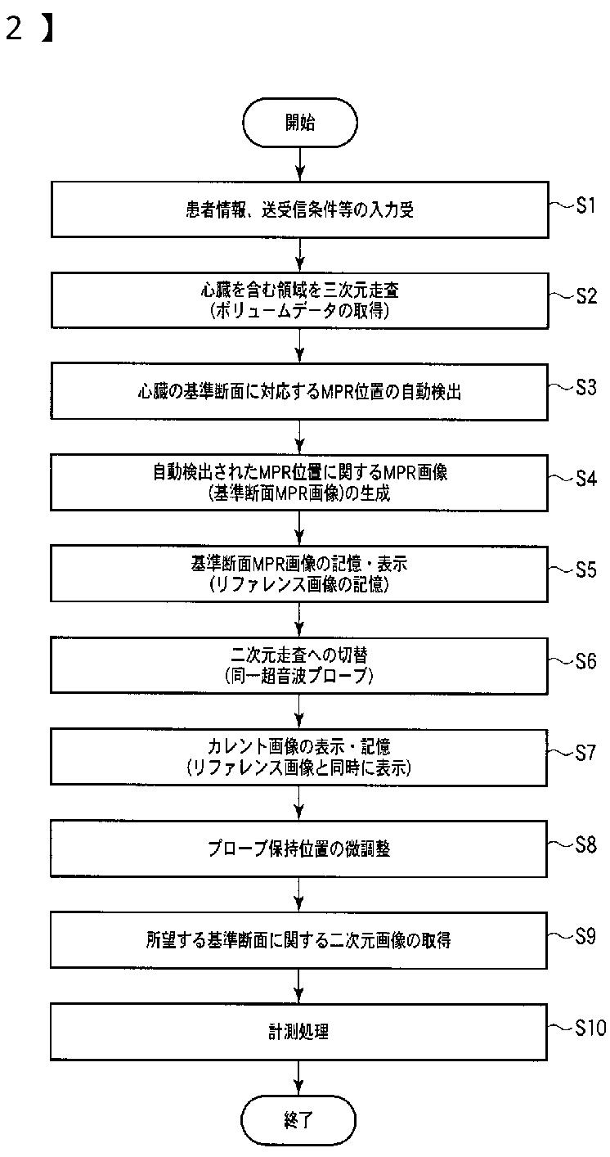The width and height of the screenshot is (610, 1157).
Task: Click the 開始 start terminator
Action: tap(300, 123)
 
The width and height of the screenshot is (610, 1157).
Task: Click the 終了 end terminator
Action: tap(299, 1118)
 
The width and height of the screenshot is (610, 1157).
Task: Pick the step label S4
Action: tap(585, 479)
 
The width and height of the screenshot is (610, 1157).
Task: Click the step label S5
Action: tap(585, 570)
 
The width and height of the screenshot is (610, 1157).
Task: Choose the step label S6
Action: tap(585, 661)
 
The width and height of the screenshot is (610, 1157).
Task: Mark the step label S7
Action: tap(585, 753)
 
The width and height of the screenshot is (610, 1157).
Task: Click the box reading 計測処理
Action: tap(300, 1032)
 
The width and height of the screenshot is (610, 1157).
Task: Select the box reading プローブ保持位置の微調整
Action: tap(300, 849)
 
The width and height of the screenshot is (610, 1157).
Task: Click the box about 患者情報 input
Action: tap(300, 209)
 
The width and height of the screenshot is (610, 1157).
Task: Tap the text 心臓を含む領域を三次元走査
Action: tap(300, 290)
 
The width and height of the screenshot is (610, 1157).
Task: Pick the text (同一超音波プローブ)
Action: tap(300, 677)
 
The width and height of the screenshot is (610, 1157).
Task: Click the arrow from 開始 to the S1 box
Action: tap(300, 165)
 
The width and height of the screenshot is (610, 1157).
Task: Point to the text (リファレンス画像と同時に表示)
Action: tap(300, 768)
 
